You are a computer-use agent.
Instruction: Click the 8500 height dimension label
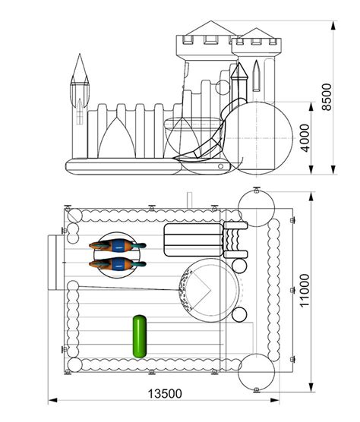point(327,97)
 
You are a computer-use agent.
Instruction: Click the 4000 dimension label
point(305,138)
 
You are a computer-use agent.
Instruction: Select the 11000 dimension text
point(305,291)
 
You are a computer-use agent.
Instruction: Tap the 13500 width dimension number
point(165,393)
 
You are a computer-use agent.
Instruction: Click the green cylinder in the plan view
point(140,336)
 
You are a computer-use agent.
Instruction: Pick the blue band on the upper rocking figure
point(118,246)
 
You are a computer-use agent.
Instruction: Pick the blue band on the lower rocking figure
point(118,264)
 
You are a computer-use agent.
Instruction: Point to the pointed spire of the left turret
point(80,66)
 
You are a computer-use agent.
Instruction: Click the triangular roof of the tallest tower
point(211,28)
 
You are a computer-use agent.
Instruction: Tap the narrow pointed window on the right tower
point(257,76)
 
